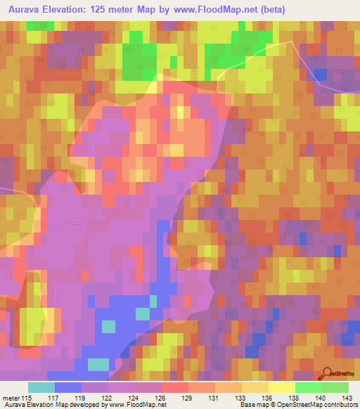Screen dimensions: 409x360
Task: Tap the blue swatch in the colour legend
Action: [x=68, y=387]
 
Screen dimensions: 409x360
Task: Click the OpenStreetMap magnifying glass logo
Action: [x=328, y=375]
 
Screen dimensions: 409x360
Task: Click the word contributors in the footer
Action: [x=340, y=405]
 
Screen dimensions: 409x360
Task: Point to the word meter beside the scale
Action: [x=11, y=398]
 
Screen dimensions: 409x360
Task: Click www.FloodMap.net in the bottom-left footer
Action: [x=134, y=405]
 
